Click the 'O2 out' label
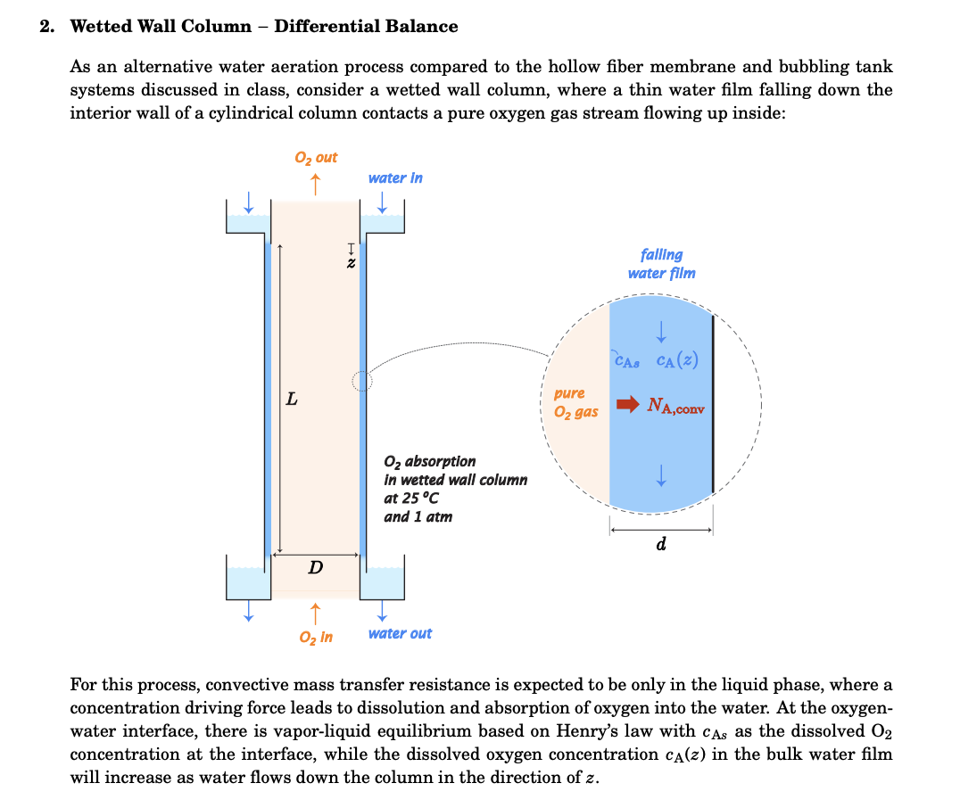tap(316, 158)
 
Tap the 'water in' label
tap(395, 178)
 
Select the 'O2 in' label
tap(316, 638)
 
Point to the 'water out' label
tap(400, 634)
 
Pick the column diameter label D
tap(316, 567)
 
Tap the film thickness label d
tap(660, 544)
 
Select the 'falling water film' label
tap(661, 264)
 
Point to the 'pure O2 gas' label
tap(572, 402)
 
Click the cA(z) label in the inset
tap(677, 361)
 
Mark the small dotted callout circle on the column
tap(361, 382)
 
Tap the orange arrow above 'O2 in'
tap(315, 613)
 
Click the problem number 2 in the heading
tap(46, 27)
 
